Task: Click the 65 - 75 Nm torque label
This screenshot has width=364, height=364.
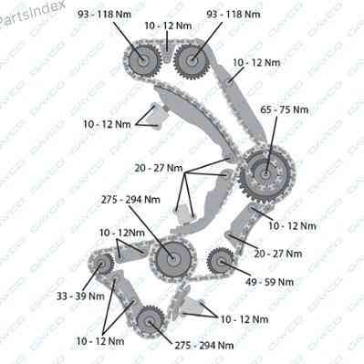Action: coord(285,109)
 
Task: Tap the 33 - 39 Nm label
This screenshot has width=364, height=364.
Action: coord(80,296)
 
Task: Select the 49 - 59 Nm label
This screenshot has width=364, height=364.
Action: coord(269,282)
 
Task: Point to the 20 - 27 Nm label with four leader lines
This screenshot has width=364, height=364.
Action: coord(159,168)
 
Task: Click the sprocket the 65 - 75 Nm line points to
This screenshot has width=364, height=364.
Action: coord(266,174)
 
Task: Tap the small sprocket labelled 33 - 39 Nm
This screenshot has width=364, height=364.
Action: coord(101,264)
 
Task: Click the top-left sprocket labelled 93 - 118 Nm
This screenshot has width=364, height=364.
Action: coord(142,59)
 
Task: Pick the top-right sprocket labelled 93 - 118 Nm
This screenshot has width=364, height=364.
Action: coord(192,61)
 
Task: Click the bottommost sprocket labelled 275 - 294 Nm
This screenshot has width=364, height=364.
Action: coord(150,321)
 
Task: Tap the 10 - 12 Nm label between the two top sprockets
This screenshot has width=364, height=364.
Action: coord(168,26)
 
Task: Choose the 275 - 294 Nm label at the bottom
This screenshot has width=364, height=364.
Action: coord(204,345)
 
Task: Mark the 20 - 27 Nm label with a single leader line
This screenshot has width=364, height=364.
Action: coord(278,254)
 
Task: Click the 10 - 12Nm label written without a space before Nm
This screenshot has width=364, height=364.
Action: coord(122,233)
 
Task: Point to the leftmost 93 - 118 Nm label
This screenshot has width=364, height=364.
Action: coord(104,14)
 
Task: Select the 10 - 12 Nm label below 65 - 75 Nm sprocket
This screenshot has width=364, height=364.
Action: coord(293,225)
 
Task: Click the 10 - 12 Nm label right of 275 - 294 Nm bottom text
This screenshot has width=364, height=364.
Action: coord(244,319)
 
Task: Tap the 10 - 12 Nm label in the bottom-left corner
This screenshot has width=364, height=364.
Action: coord(100,341)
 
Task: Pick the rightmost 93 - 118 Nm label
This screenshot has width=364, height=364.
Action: coord(234,14)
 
